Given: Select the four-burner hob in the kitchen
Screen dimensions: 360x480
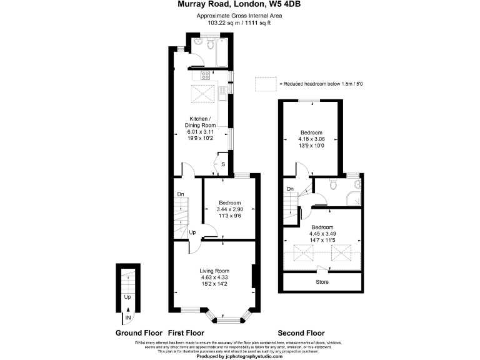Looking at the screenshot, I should coord(204,76).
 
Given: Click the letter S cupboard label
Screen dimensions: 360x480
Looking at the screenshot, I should coord(223,164).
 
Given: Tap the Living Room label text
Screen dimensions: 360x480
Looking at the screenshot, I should coord(214,271).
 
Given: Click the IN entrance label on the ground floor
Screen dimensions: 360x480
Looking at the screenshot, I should coord(128,317).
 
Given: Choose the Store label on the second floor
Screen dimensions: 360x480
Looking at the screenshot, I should coord(322,282).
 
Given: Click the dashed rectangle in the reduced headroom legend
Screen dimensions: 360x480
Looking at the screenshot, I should coord(265,83).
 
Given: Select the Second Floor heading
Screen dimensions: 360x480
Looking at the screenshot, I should coord(301,333).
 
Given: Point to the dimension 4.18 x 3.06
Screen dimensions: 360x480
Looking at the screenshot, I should coord(311,139).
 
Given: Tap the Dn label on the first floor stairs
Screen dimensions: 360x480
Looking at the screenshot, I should coord(180,194).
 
